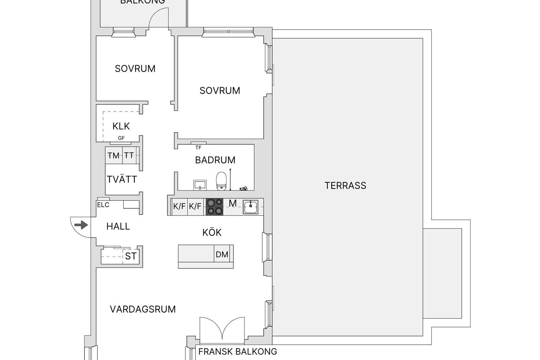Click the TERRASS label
click(345, 186)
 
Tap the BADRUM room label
click(215, 160)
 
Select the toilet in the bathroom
click(221, 181)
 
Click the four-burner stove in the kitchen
click(214, 207)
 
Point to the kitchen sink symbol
click(250, 207)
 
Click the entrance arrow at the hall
click(81, 225)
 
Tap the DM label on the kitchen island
click(222, 255)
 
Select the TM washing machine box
click(114, 155)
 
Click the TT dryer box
click(129, 155)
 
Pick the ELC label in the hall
click(103, 205)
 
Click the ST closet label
click(131, 256)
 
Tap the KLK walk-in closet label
click(121, 126)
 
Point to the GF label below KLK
click(121, 138)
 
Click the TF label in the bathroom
click(198, 147)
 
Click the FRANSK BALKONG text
click(237, 352)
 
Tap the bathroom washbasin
click(200, 185)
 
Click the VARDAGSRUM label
click(142, 309)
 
